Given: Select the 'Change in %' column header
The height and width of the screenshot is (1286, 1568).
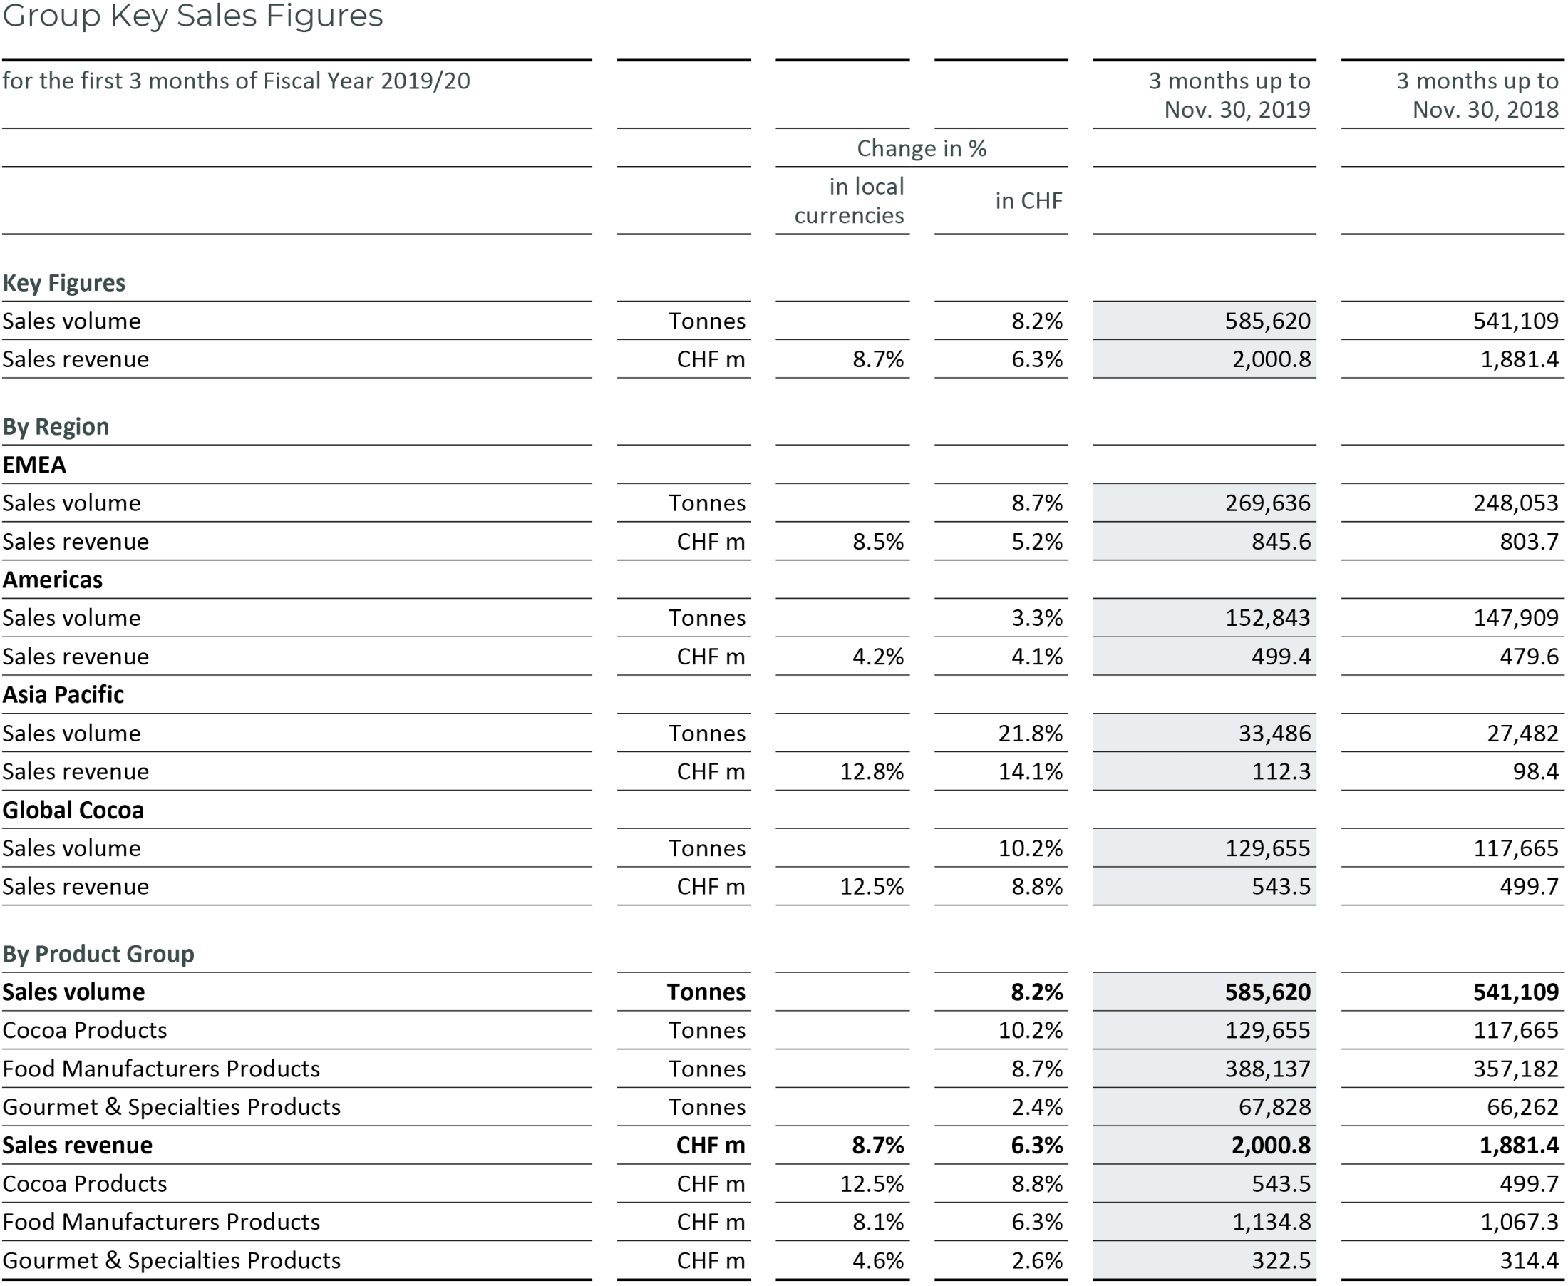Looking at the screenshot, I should pyautogui.click(x=921, y=148).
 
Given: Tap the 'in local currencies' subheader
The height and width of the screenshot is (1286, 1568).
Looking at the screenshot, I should pyautogui.click(x=849, y=201).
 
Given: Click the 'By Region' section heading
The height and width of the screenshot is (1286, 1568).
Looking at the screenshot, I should pyautogui.click(x=56, y=427).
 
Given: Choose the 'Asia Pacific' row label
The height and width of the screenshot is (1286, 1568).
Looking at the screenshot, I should pyautogui.click(x=63, y=695).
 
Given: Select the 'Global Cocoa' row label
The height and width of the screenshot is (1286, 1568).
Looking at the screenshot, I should pyautogui.click(x=73, y=811).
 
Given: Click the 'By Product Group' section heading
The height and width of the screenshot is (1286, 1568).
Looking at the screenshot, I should pyautogui.click(x=98, y=954).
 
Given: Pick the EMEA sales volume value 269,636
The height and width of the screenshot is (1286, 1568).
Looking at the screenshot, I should pyautogui.click(x=1267, y=503).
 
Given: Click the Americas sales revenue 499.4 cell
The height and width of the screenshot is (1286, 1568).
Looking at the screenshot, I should pyautogui.click(x=1281, y=657).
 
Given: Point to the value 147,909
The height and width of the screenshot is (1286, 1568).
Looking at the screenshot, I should pyautogui.click(x=1515, y=618).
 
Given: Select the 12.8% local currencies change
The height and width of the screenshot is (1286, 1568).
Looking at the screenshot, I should pyautogui.click(x=871, y=772).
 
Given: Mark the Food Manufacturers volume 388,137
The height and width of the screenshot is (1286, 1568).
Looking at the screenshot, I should pyautogui.click(x=1267, y=1069).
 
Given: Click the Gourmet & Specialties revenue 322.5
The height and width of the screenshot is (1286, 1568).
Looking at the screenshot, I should pyautogui.click(x=1281, y=1261).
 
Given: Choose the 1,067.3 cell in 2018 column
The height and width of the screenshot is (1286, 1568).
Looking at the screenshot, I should pyautogui.click(x=1519, y=1223).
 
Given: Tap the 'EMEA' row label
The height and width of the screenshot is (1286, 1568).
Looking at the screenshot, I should pyautogui.click(x=34, y=465).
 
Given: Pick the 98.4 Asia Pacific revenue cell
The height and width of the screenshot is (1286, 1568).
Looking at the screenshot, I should pyautogui.click(x=1535, y=772).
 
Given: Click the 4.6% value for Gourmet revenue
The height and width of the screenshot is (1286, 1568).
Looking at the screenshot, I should pyautogui.click(x=877, y=1261).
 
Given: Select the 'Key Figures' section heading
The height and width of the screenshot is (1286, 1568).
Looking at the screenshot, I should pyautogui.click(x=63, y=283).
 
